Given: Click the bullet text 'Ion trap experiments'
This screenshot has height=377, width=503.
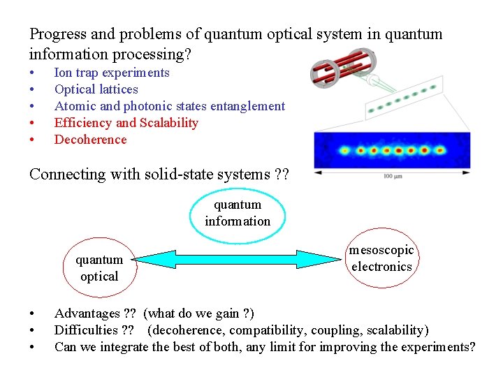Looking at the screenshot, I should coord(112,73).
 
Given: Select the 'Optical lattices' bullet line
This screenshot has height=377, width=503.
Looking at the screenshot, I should coord(96,89).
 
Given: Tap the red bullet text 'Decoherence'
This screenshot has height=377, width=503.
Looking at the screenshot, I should coord(90,140).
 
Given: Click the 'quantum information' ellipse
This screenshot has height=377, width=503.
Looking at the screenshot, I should coord(238,213).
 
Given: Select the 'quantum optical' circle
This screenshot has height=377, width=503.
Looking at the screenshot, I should coord(99,268).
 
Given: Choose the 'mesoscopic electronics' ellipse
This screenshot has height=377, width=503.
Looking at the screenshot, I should coord(381,258).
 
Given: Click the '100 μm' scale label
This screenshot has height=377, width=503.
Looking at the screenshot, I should coord(393,177).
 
